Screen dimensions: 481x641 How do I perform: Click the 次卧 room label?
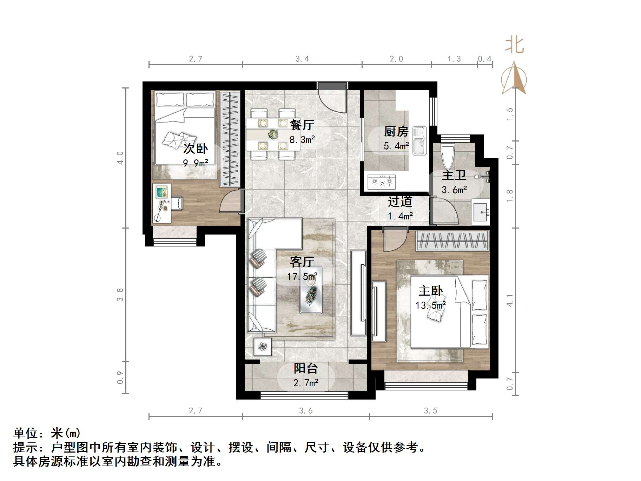(x=196, y=149)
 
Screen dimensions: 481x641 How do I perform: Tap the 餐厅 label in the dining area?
(x=302, y=125)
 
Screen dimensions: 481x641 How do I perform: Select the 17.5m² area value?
(x=302, y=277)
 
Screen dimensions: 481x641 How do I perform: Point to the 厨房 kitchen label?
(x=396, y=132)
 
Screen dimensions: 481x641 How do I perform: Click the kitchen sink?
(x=419, y=140)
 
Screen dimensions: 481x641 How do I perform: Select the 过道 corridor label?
(x=400, y=202)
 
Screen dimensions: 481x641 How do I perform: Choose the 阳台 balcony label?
(x=306, y=368)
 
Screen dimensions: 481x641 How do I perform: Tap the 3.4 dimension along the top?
(x=302, y=59)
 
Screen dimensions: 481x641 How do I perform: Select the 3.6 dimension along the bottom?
(x=306, y=411)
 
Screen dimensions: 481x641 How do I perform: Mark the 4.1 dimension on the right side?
(x=510, y=301)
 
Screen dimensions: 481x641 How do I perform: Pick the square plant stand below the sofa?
(x=262, y=347)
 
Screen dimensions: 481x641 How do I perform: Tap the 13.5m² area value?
(x=431, y=305)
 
